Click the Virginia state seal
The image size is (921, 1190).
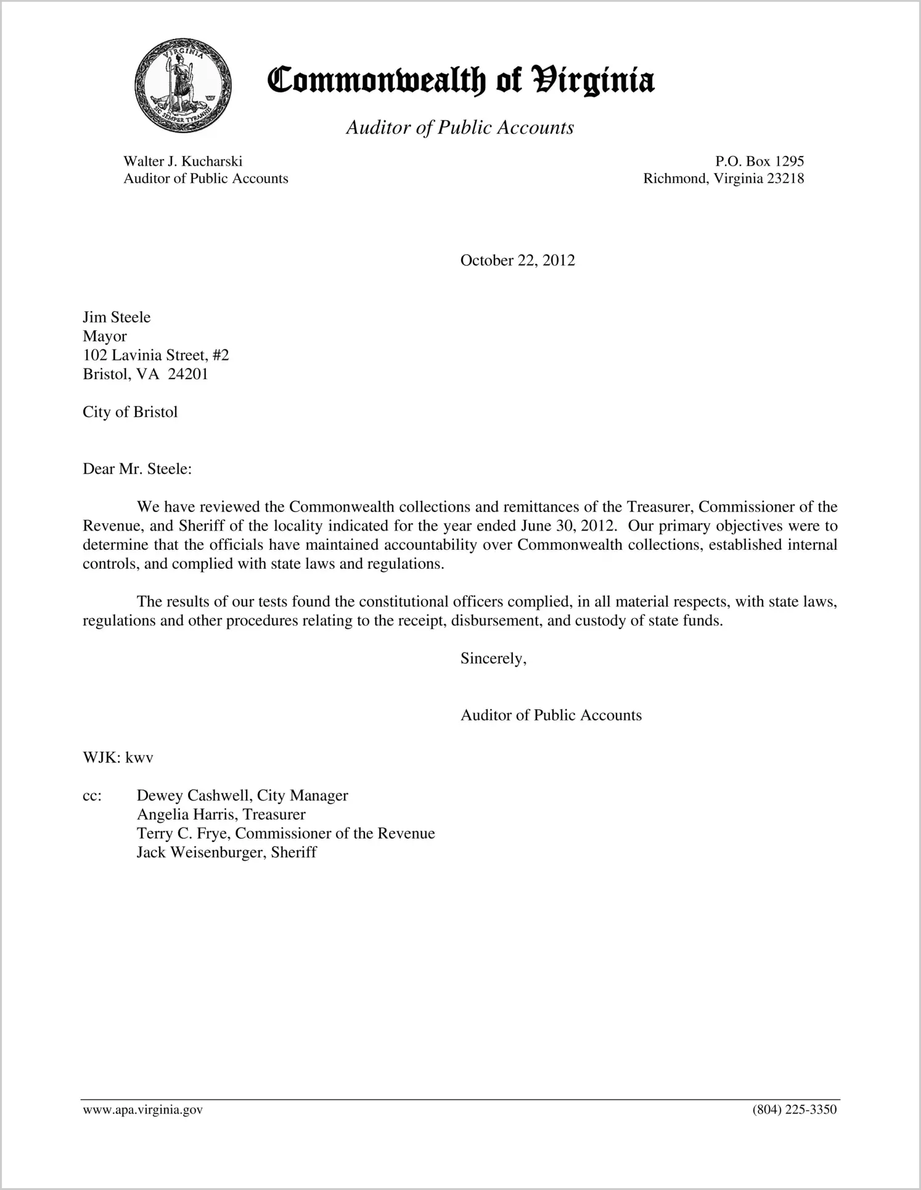coord(182,85)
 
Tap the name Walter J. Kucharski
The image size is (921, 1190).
coord(182,161)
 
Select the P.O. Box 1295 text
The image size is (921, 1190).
coord(759,161)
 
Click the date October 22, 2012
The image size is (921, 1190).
coord(517,261)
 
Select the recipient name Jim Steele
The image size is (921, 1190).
coord(117,317)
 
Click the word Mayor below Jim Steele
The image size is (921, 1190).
coord(105,336)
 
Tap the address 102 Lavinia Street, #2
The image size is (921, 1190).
coord(156,356)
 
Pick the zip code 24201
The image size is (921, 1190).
coord(188,375)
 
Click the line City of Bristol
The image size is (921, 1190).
coord(130,412)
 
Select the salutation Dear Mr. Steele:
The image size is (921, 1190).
coord(137,470)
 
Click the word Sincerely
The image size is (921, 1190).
coord(493,659)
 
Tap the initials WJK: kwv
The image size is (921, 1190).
coord(118,758)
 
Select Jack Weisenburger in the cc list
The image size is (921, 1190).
coord(201,853)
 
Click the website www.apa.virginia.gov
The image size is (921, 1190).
coord(142,1111)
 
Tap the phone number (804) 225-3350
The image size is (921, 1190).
coord(794,1111)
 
